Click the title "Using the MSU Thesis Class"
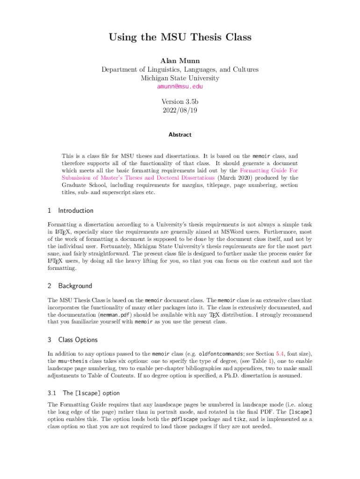180,37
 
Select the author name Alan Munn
180,61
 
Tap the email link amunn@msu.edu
180,87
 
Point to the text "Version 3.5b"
180,102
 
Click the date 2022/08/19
180,110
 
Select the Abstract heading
180,135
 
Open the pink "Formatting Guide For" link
269,171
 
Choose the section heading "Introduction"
76,210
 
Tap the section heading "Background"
75,286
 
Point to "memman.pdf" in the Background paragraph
115,315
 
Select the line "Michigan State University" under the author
180,78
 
